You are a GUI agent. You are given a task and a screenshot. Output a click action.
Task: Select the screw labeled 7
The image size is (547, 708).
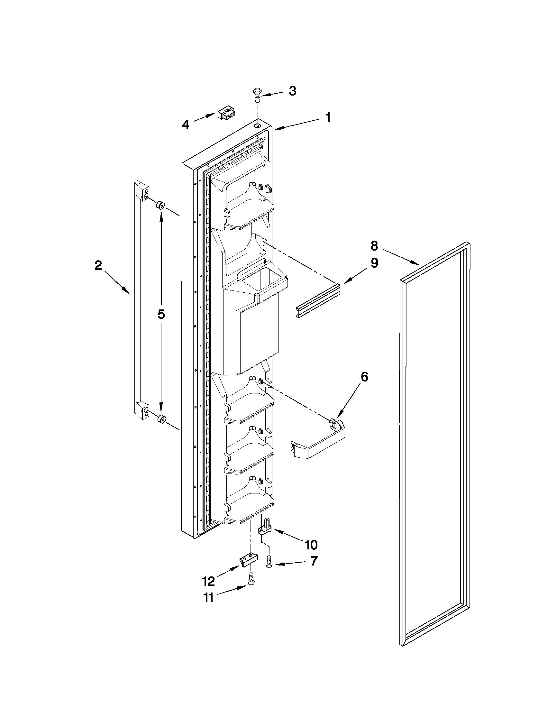tap(269, 561)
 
